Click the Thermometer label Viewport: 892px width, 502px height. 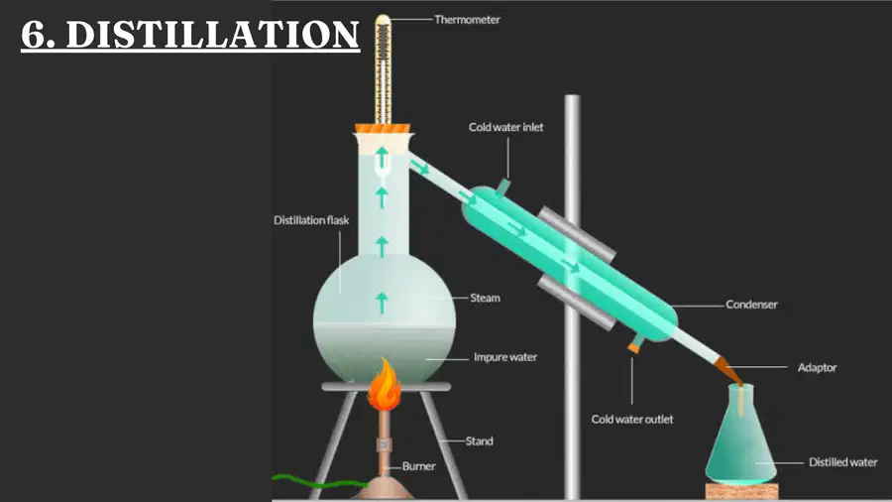pyautogui.click(x=467, y=20)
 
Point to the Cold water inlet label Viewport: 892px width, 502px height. pyautogui.click(x=505, y=127)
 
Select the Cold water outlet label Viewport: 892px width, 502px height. pyautogui.click(x=632, y=419)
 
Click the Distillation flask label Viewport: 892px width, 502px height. pyautogui.click(x=311, y=220)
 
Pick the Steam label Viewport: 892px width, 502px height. pyautogui.click(x=485, y=298)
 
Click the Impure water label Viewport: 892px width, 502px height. pyautogui.click(x=505, y=357)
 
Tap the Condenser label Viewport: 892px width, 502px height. pyautogui.click(x=751, y=305)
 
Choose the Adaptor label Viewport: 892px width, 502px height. pyautogui.click(x=817, y=368)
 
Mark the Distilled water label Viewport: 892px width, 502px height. pyautogui.click(x=843, y=462)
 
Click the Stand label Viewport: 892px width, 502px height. pyautogui.click(x=479, y=441)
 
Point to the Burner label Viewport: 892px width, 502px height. pyautogui.click(x=418, y=466)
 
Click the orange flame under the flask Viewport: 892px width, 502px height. pyautogui.click(x=384, y=386)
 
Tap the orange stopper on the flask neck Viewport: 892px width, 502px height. pyautogui.click(x=383, y=129)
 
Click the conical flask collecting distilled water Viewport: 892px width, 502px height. pyautogui.click(x=741, y=439)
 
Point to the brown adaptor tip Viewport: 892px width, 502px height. pyautogui.click(x=728, y=370)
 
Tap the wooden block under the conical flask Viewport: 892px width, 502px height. pyautogui.click(x=741, y=491)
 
